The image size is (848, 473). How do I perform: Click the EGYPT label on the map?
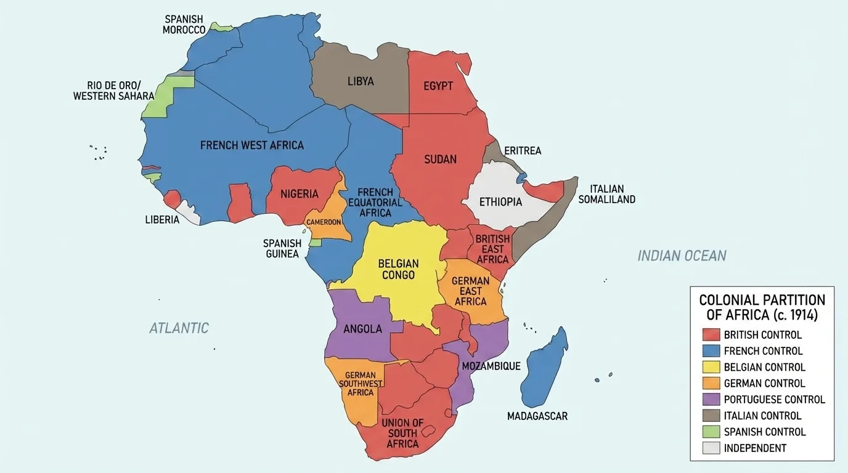438,86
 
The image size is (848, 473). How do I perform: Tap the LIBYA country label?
361,81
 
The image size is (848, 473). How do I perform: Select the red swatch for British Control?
711,335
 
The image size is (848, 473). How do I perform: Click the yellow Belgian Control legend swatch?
711,367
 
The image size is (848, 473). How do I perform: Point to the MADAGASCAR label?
537,416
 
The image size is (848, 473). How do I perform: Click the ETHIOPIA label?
500,202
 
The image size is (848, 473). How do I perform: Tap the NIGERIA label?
300,194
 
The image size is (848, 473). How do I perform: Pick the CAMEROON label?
324,222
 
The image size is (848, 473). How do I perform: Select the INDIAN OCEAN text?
682,256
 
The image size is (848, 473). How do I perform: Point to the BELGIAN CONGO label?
398,269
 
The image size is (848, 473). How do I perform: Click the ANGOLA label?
362,329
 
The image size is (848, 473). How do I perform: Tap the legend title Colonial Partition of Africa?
762,307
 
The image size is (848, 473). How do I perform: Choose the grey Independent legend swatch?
711,448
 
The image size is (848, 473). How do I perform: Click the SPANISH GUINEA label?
282,249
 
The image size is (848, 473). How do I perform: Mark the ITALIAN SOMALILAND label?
606,194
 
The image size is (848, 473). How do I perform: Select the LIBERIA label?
162,220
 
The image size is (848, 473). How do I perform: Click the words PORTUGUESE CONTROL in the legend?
774,399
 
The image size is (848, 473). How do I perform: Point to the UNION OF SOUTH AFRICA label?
402,433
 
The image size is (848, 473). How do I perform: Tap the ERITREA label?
522,151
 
